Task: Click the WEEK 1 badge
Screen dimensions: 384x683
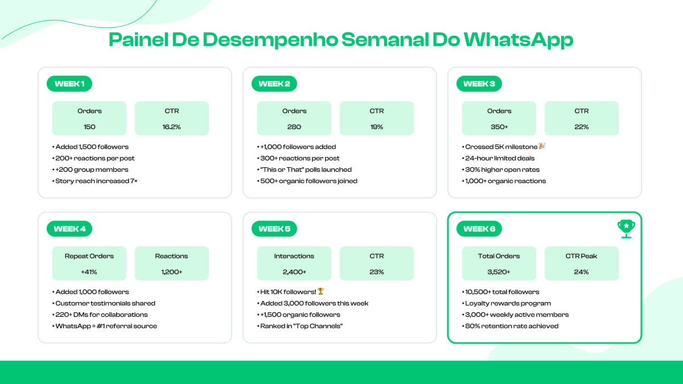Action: (69, 84)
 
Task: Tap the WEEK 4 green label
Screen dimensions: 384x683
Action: (69, 229)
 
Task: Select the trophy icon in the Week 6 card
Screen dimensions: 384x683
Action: (626, 228)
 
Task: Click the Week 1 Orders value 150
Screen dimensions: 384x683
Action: (89, 127)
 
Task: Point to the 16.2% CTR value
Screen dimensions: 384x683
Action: (172, 127)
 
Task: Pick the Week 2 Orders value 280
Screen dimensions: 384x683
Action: (294, 127)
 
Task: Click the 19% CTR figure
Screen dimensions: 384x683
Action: (377, 127)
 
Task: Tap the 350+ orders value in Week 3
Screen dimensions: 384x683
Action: (499, 127)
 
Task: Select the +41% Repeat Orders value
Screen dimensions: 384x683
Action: (89, 272)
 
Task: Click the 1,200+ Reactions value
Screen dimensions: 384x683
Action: (172, 272)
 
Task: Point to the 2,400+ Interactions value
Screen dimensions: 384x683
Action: (294, 272)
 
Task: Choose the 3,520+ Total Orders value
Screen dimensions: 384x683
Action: (499, 272)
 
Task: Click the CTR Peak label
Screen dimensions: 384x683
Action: (582, 256)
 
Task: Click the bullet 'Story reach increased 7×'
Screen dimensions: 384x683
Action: (96, 181)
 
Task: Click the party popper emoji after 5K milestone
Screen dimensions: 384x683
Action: (542, 147)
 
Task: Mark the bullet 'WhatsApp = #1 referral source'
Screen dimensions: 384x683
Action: (106, 326)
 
